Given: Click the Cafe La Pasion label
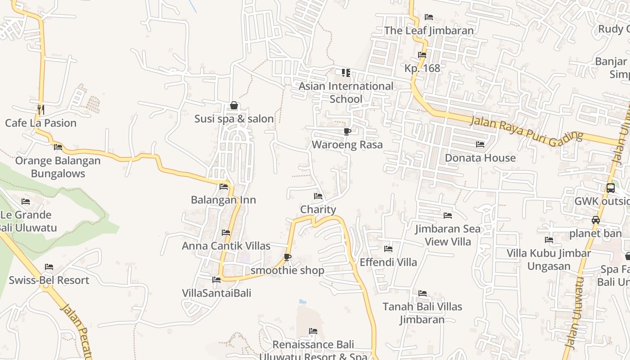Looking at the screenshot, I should (41, 123).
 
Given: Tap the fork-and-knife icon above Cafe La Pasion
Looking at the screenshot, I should (41, 109).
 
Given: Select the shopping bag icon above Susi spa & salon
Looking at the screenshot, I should (234, 106).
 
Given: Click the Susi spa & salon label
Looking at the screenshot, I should (234, 119).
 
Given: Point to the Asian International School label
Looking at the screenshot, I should (346, 92).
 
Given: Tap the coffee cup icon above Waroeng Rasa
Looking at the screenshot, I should (347, 131).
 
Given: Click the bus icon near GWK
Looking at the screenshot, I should (611, 188).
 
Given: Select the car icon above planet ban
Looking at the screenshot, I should (596, 220).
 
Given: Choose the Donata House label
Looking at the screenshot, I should (480, 158).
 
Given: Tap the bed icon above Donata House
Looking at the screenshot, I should (480, 144).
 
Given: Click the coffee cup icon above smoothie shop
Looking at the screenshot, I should (288, 257).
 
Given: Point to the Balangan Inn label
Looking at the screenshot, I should (224, 200).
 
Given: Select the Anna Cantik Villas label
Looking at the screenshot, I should (226, 246).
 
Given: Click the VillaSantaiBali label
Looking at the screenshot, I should (216, 293).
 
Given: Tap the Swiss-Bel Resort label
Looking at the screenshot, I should (49, 280).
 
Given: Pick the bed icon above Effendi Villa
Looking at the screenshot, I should (388, 248).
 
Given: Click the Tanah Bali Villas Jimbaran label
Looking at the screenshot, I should (423, 313).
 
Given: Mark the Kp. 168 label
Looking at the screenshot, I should (422, 68).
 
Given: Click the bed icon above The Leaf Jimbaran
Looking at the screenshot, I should (429, 17).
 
